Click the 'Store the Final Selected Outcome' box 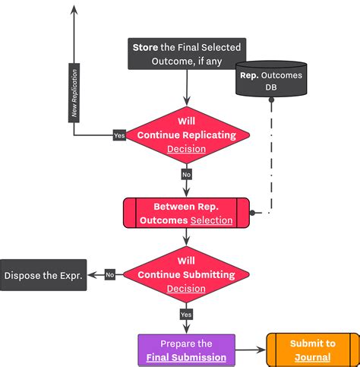[x=186, y=54]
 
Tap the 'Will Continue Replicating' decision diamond [x=186, y=134]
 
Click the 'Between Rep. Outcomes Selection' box [x=186, y=213]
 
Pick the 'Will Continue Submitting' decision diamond [x=186, y=275]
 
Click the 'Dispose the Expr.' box [x=43, y=275]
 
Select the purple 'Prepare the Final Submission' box [x=186, y=350]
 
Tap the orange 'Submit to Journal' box [x=312, y=350]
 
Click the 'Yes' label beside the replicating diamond [x=118, y=135]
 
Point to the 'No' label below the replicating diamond [x=186, y=174]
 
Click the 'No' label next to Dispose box [x=109, y=275]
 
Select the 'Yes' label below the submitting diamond [x=186, y=314]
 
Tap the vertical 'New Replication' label [x=74, y=95]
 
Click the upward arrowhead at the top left [x=74, y=9]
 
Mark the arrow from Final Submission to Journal [x=251, y=351]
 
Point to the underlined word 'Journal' [x=312, y=357]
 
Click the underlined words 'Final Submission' [x=187, y=357]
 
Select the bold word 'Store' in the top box [x=145, y=47]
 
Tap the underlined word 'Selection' [x=211, y=220]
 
